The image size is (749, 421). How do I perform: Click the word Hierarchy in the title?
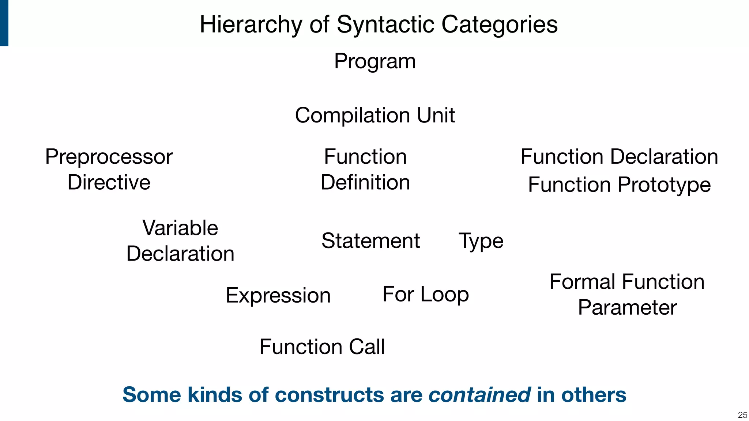tap(251, 25)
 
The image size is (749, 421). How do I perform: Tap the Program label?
tap(375, 61)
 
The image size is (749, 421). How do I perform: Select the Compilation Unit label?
tap(375, 115)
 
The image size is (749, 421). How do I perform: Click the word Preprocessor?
tap(109, 157)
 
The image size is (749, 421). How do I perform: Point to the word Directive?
tap(109, 182)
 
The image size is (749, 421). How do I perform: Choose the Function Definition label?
tap(365, 169)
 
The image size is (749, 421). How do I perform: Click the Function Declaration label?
tap(619, 157)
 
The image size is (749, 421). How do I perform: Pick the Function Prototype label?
tap(619, 185)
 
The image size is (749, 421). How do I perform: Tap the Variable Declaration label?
tap(180, 240)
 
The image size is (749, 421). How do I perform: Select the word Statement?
tap(370, 241)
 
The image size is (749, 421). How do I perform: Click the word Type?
tap(481, 241)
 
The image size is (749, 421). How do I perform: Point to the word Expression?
tap(278, 295)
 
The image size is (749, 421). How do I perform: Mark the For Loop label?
tap(425, 294)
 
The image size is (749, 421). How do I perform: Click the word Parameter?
tap(627, 307)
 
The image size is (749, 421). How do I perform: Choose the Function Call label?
tap(322, 346)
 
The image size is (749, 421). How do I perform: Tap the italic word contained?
tap(479, 395)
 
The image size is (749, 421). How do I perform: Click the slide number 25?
tap(742, 415)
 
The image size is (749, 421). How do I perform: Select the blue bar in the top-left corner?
tap(4, 23)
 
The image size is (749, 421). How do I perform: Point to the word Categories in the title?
tap(499, 25)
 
